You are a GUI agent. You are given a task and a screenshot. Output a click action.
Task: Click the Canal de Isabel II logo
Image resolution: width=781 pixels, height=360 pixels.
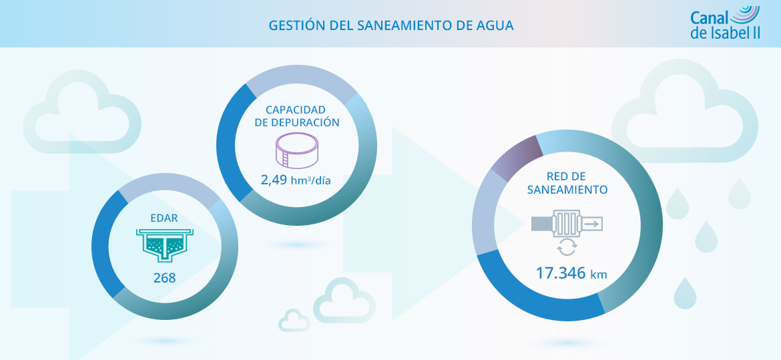tap(725, 23)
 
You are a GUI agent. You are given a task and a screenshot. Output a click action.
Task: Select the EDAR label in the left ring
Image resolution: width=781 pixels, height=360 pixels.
tap(164, 218)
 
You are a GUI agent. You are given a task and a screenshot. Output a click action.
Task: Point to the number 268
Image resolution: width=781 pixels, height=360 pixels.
tap(164, 277)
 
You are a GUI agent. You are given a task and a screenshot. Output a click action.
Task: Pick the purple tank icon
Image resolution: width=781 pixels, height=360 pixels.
tap(297, 150)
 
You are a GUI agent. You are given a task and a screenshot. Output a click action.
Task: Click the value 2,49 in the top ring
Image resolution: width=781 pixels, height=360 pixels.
tap(274, 180)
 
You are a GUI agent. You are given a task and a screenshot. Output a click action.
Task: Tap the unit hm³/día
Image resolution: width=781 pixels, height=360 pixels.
tap(312, 180)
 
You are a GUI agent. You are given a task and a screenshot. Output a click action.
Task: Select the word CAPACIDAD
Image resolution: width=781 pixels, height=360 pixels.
tap(296, 110)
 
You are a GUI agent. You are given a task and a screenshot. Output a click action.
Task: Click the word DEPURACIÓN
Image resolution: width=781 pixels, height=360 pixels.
tap(306, 123)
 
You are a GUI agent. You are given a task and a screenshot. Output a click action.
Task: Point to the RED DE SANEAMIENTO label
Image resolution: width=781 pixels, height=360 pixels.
tap(567, 182)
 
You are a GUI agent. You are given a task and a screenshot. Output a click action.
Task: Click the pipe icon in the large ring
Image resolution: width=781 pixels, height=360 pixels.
tap(567, 222)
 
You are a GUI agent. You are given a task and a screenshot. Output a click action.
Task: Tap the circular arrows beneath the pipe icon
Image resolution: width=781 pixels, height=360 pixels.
tap(566, 248)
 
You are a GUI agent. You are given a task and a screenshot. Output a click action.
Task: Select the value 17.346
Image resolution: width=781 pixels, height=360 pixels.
tap(561, 273)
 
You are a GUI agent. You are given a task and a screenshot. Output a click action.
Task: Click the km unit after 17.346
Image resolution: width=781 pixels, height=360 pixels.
tap(597, 274)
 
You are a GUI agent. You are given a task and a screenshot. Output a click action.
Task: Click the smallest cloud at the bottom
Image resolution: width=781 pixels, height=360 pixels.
tap(294, 321)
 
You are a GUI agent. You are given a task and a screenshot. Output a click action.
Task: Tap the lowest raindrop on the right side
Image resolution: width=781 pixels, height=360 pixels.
tap(685, 294)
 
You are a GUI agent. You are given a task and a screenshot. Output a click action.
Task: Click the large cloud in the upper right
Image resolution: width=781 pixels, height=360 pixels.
tap(688, 114)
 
